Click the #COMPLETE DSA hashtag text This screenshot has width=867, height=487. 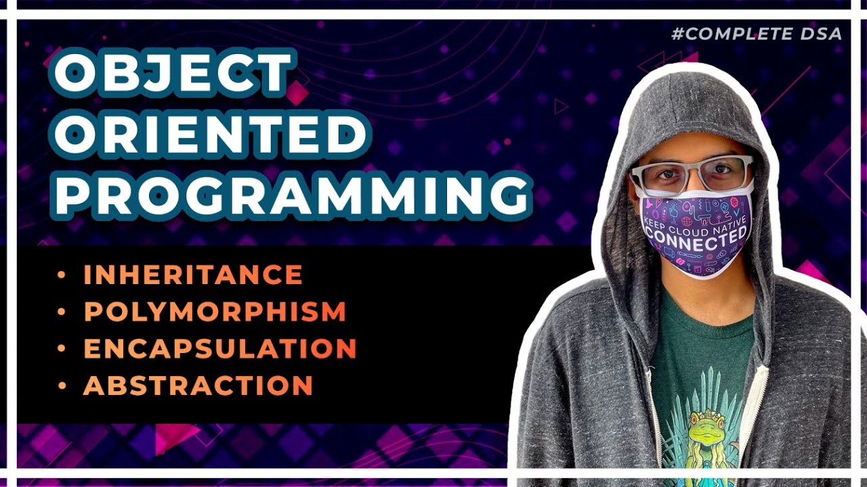757,34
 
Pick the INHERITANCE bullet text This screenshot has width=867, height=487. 193,275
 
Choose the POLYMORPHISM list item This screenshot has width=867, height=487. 215,312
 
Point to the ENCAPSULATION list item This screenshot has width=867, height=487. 219,348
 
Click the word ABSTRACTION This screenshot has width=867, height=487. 198,386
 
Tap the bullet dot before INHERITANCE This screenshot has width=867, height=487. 62,275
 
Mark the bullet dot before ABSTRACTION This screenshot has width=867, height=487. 62,386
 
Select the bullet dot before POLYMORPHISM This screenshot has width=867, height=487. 62,312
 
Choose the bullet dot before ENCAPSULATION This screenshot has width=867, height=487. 62,348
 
